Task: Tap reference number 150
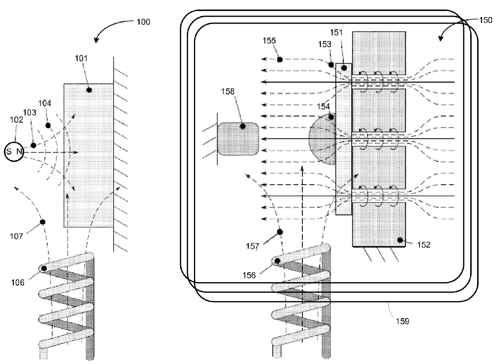(486, 21)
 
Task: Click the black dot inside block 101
(89, 90)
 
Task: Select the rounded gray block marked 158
(238, 139)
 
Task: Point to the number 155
(269, 41)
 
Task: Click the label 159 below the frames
(402, 321)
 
